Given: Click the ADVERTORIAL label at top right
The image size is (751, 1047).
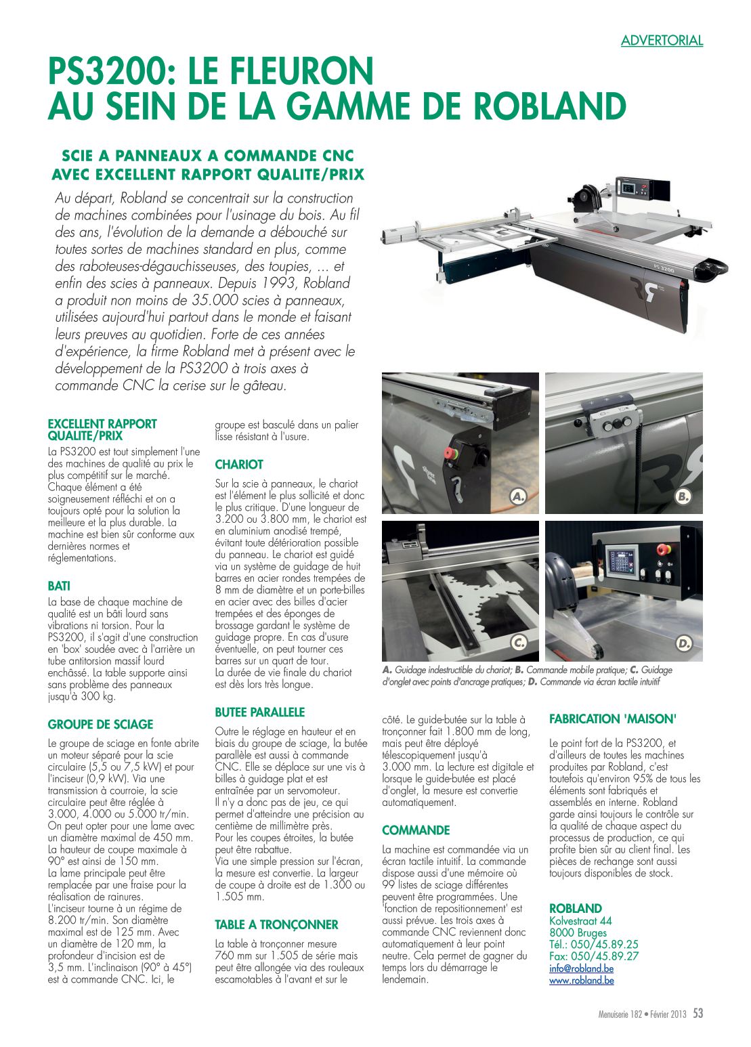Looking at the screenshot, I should tap(662, 41).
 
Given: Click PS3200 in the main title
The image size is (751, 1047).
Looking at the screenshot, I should tap(108, 71).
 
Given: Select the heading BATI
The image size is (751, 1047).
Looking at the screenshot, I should tap(59, 586).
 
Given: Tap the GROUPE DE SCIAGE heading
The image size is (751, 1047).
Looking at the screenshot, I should tap(100, 724).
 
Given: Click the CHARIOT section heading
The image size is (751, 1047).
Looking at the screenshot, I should tap(239, 465).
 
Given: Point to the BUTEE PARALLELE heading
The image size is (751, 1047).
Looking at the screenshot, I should tap(260, 712).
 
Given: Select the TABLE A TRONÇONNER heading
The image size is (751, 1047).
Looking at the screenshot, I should tap(276, 924).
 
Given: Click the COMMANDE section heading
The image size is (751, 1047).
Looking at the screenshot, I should tap(416, 830).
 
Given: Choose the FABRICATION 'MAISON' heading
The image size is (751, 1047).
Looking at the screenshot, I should tap(613, 719).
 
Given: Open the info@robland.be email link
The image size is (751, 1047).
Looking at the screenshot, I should tap(581, 968).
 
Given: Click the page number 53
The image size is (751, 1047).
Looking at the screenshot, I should tap(698, 1014).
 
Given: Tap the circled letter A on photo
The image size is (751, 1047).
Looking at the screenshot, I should tap(519, 497).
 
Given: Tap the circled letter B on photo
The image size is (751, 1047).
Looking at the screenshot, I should tap(683, 497).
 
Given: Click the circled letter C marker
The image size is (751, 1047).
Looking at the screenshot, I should tap(519, 643).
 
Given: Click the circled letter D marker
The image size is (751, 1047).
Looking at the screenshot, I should tap(683, 643).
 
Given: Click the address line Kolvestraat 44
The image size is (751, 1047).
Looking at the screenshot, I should tap(580, 921).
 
